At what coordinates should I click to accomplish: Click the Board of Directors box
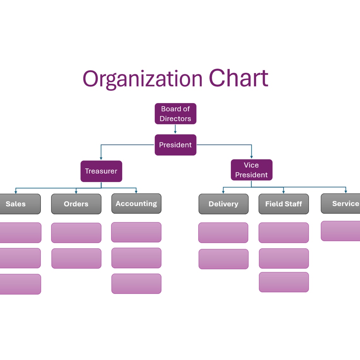point(175,114)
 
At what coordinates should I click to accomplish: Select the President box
point(175,145)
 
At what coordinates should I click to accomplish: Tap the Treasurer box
point(101,171)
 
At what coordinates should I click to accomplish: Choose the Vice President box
point(251,170)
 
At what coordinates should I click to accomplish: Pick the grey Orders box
point(76,204)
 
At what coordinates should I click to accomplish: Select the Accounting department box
point(136,204)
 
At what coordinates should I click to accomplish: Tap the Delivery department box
point(223,204)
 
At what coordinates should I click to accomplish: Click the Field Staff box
point(284,204)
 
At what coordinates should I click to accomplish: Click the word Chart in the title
point(238,79)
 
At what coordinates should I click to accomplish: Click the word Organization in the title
point(142,79)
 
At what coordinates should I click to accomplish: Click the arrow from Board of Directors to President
point(175,129)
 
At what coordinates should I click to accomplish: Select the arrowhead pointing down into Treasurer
point(101,158)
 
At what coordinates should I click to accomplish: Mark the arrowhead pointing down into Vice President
point(251,157)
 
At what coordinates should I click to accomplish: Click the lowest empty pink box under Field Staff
point(284,282)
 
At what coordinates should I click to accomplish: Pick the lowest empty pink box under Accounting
point(136,284)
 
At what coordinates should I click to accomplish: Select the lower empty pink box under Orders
point(76,258)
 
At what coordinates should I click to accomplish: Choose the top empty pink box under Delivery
point(223,233)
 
